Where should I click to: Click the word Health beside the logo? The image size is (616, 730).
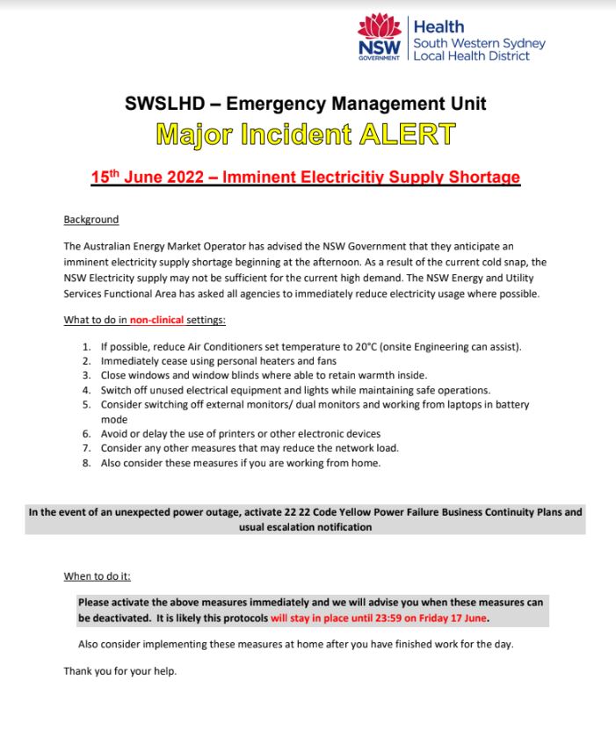click(438, 27)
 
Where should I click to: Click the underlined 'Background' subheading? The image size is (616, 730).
click(91, 219)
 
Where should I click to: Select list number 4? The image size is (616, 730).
click(87, 389)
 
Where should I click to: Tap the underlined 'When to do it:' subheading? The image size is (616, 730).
click(98, 577)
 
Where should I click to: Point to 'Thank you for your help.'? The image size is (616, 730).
click(120, 672)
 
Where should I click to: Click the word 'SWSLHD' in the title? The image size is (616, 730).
click(173, 104)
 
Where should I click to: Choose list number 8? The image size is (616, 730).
click(87, 464)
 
